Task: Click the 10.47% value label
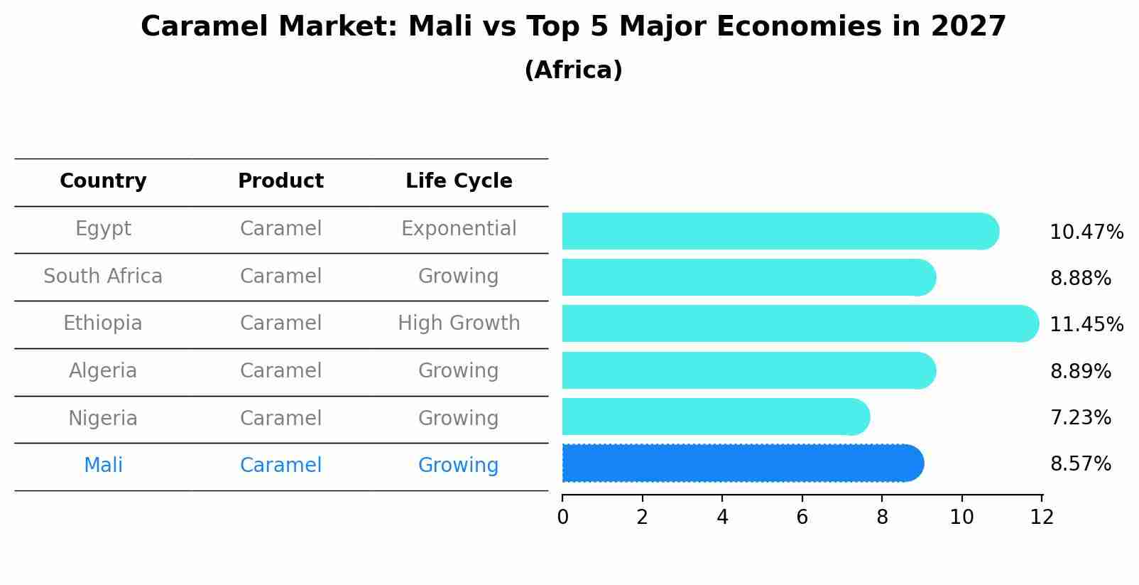pyautogui.click(x=1086, y=232)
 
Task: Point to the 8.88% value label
pyautogui.click(x=1080, y=279)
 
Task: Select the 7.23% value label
pyautogui.click(x=1080, y=418)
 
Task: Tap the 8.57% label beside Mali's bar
pyautogui.click(x=1080, y=464)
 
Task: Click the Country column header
pyautogui.click(x=103, y=181)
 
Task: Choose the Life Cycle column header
pyautogui.click(x=459, y=181)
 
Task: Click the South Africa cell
pyautogui.click(x=103, y=276)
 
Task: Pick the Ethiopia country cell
pyautogui.click(x=103, y=323)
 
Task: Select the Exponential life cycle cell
pyautogui.click(x=459, y=229)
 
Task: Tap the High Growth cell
pyautogui.click(x=459, y=323)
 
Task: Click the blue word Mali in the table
pyautogui.click(x=103, y=466)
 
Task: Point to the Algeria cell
pyautogui.click(x=103, y=371)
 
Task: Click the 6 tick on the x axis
pyautogui.click(x=802, y=517)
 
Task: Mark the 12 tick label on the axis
pyautogui.click(x=1042, y=517)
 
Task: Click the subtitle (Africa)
pyautogui.click(x=573, y=70)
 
